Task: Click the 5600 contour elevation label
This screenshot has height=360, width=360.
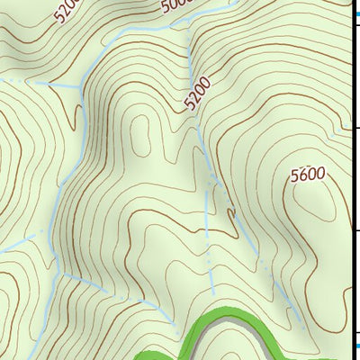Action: [308, 176]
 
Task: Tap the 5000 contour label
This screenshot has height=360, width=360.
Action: [177, 8]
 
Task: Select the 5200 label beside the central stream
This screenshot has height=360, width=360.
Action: [198, 94]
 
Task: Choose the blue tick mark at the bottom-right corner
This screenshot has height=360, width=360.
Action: [355, 345]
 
